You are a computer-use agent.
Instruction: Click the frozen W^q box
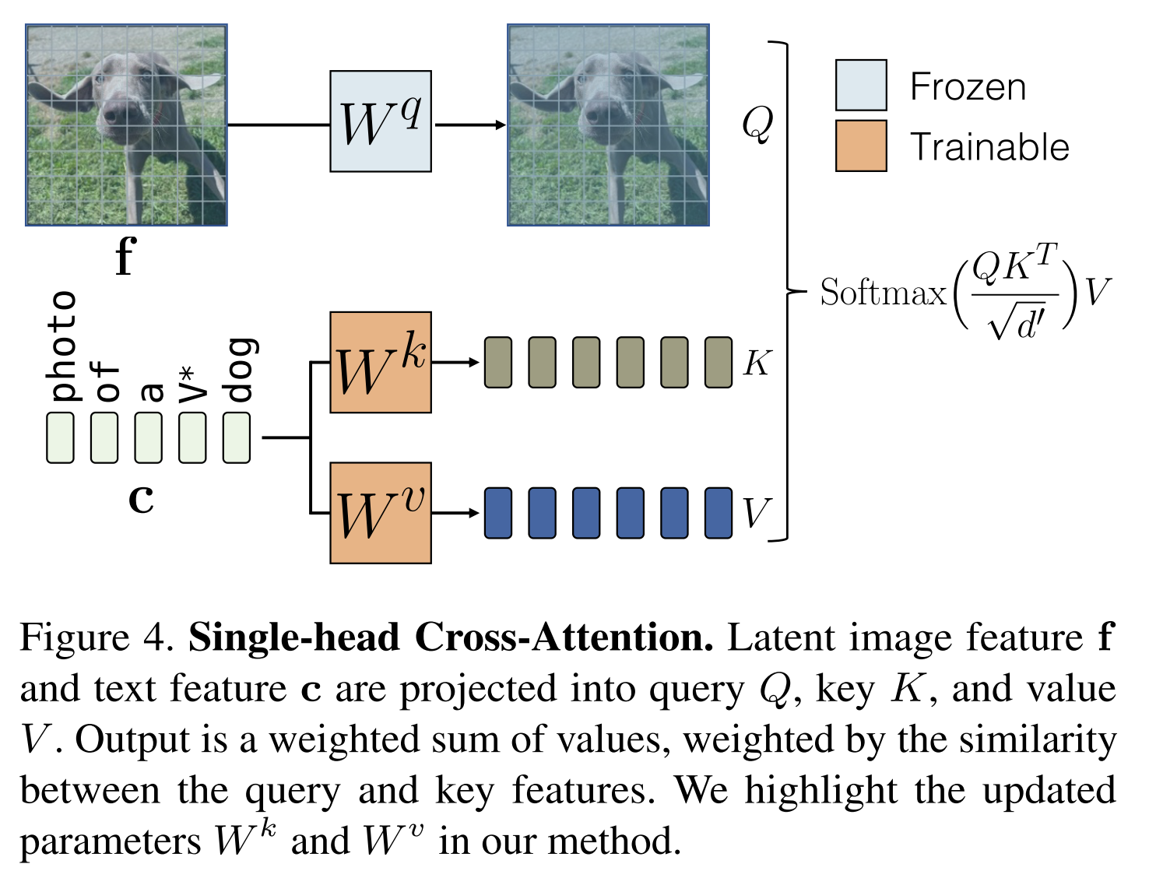(380, 121)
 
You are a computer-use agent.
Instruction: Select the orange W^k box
(380, 362)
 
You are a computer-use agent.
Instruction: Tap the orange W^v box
(380, 512)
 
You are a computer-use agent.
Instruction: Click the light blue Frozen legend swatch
(860, 85)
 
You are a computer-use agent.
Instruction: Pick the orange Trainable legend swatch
(860, 146)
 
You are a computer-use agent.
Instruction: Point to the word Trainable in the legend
(989, 147)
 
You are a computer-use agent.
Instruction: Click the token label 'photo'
(61, 346)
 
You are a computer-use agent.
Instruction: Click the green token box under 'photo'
(61, 437)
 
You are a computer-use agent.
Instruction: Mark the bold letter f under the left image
(125, 256)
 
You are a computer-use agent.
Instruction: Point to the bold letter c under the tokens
(141, 498)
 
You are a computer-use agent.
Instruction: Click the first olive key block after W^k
(498, 362)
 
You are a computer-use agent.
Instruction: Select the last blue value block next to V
(718, 513)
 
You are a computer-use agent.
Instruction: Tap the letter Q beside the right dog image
(757, 123)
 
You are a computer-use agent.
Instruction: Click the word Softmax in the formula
(883, 293)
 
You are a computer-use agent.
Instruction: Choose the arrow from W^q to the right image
(470, 125)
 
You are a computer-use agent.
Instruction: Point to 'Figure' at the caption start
(74, 637)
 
